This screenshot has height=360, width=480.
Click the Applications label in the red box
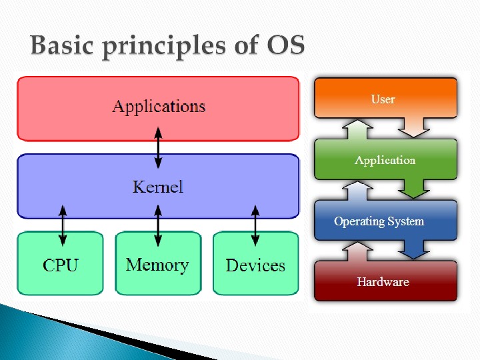(159, 107)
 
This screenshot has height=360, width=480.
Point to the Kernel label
(158, 187)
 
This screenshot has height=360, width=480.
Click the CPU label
(61, 265)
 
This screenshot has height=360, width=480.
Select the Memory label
(157, 265)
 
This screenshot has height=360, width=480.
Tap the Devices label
(255, 265)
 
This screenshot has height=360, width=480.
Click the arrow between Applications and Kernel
(158, 148)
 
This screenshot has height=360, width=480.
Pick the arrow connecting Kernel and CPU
(63, 225)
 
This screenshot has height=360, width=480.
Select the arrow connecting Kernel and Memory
(158, 225)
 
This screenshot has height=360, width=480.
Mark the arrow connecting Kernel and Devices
(255, 225)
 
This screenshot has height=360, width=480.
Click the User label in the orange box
(383, 99)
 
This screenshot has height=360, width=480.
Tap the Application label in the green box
(385, 160)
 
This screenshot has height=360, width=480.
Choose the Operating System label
(379, 221)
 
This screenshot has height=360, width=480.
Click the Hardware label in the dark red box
(383, 282)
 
